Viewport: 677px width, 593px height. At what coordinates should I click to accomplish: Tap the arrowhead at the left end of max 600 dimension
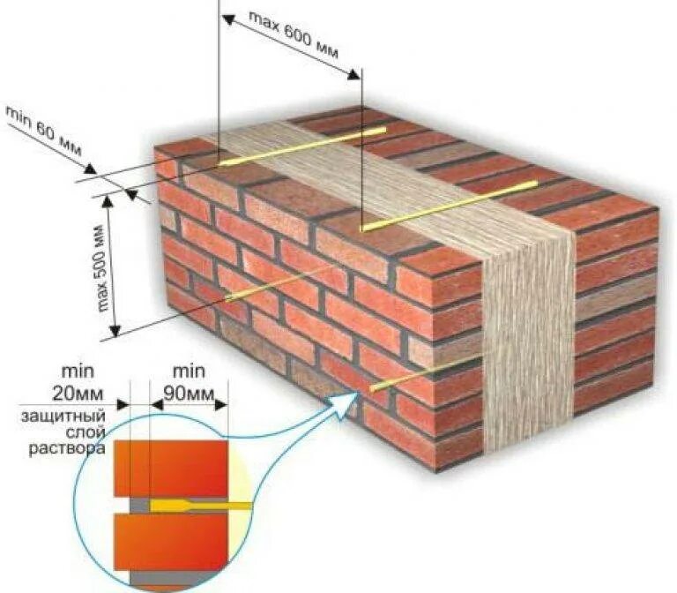pyautogui.click(x=227, y=19)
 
